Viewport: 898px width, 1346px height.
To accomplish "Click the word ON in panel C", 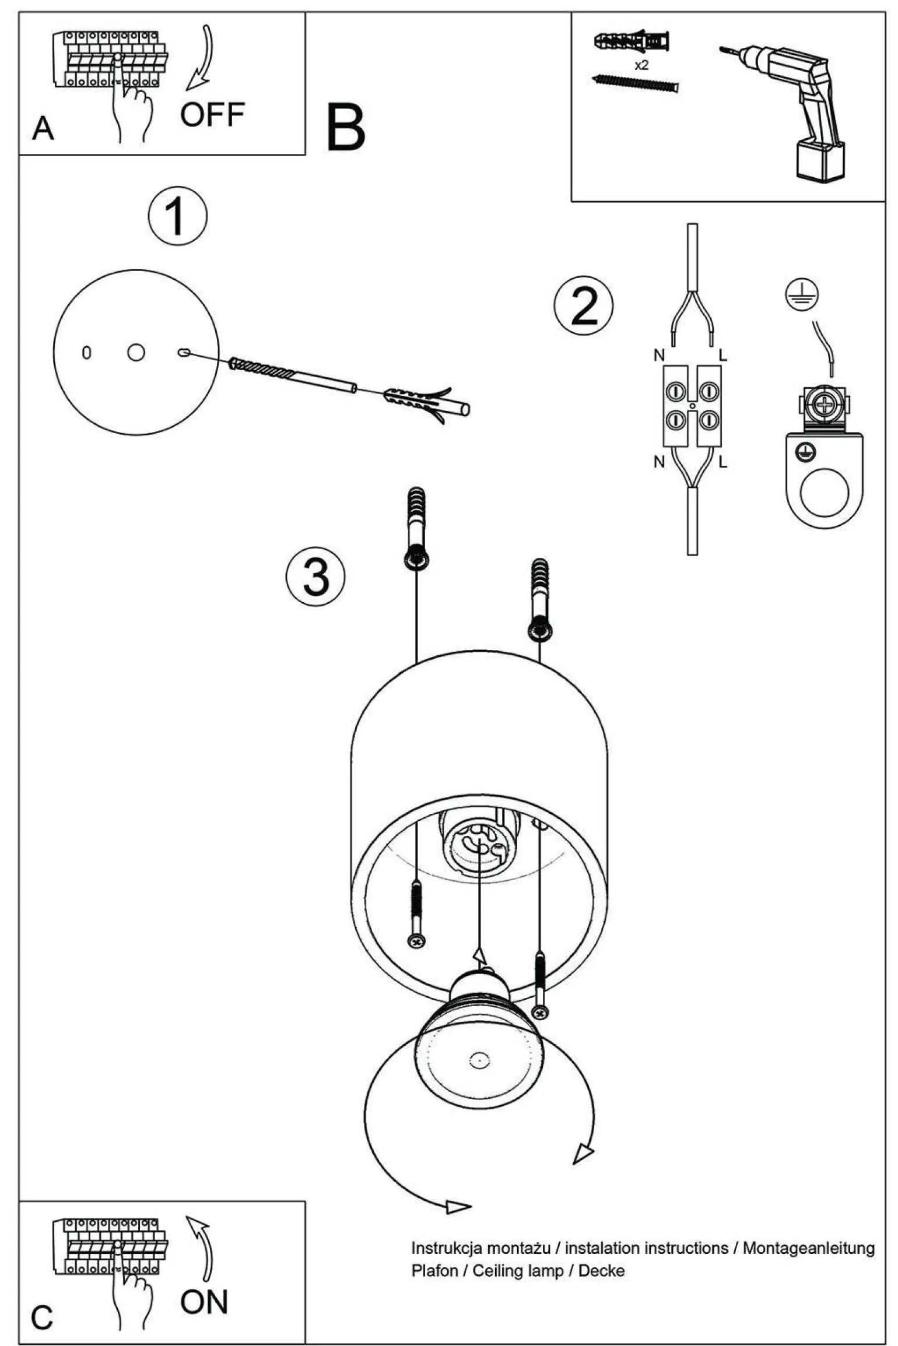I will [204, 1302].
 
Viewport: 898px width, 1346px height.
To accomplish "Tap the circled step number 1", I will [177, 216].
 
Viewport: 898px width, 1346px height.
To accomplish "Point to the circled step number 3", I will [315, 576].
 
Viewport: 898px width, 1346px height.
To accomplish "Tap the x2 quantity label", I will [641, 65].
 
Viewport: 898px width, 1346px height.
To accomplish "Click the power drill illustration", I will [793, 105].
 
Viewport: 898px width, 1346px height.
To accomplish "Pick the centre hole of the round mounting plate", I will [136, 352].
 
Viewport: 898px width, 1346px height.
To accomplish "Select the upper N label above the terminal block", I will [659, 354].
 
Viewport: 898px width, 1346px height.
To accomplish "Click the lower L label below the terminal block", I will [722, 462].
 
